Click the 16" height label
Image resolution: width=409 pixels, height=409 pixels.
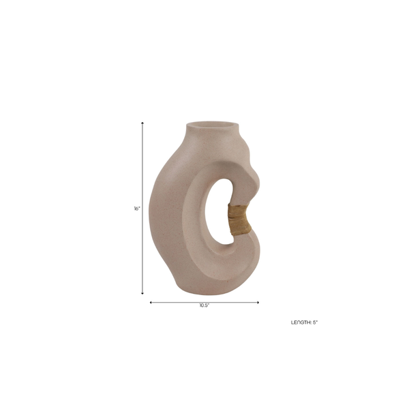137,209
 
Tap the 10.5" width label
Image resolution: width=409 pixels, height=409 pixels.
204,305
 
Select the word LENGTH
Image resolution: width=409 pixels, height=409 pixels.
301,322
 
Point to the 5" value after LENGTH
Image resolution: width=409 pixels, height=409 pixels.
315,322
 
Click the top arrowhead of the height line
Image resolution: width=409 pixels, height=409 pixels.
142,123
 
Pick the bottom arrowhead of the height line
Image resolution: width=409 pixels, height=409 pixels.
142,293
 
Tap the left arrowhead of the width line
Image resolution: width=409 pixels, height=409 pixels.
151,302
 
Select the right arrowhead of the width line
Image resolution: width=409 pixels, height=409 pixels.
258,302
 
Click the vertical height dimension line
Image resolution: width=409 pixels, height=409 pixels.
142,208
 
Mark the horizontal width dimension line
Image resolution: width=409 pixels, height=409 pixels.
204,302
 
